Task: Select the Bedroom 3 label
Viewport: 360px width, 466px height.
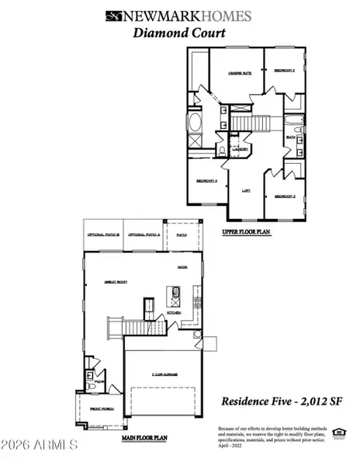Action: (287, 196)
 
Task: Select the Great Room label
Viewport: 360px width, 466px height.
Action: (116, 283)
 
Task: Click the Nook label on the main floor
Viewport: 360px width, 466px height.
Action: (182, 267)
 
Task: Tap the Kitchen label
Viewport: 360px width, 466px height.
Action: (174, 314)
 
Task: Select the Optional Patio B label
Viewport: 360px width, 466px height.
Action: (103, 235)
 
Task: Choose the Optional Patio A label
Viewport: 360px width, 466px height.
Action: (145, 235)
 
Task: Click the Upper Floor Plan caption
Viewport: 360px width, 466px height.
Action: (245, 231)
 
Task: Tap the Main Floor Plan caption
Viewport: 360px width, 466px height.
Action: (144, 438)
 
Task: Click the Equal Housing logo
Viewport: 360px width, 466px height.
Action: (337, 432)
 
